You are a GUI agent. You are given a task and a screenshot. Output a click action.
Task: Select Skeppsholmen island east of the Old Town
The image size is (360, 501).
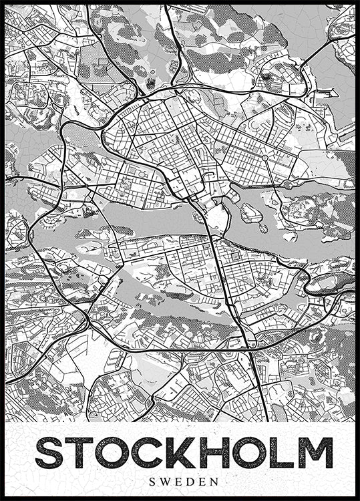[251, 212]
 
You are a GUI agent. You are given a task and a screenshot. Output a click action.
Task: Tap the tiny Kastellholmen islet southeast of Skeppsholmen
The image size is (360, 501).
[262, 228]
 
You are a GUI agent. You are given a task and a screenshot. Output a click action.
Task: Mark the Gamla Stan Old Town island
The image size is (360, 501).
[217, 217]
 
